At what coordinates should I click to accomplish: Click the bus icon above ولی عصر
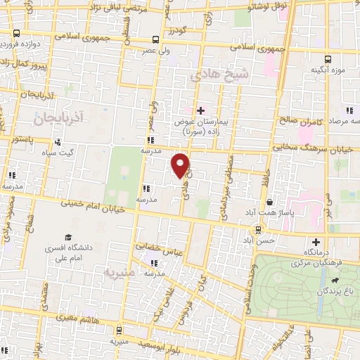click(x=155, y=40)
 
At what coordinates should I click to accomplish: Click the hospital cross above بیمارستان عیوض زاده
click(x=200, y=110)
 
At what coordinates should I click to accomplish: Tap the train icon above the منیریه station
click(x=119, y=330)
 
